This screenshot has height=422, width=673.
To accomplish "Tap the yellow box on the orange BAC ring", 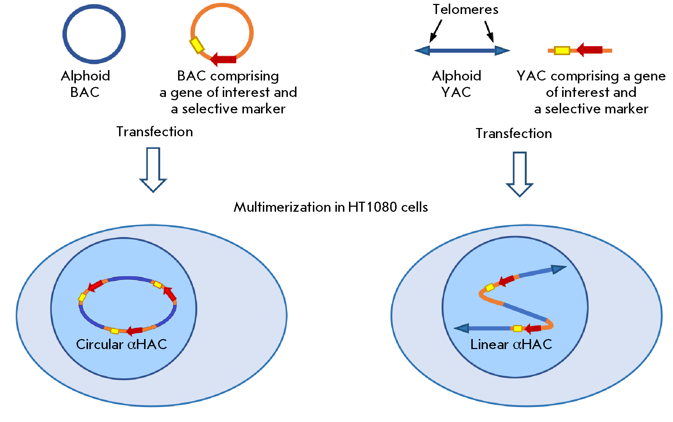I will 196,45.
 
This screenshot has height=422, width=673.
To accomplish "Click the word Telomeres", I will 465,10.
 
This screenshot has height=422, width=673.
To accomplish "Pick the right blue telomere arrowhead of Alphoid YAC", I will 501,51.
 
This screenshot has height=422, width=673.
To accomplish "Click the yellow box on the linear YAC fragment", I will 562,51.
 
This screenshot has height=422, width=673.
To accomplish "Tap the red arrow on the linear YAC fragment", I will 590,50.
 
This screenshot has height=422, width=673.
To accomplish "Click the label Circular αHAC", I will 122,344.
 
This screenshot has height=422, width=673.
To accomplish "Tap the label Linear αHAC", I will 511,344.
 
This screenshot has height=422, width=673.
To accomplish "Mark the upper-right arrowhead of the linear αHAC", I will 558,269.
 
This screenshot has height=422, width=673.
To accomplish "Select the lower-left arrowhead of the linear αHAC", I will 462,328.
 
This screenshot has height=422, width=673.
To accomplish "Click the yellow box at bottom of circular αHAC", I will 114,331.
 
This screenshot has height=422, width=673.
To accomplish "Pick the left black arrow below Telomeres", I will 436,31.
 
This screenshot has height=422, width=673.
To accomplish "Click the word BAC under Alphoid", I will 85,92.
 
